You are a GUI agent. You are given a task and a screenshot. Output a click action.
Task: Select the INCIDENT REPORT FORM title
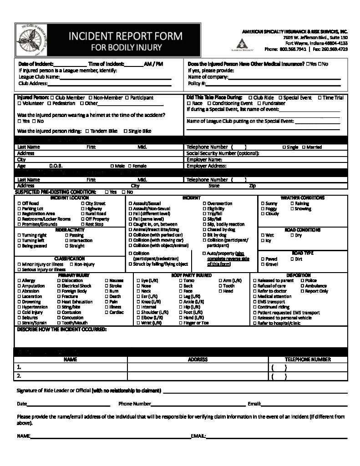pos(125,36)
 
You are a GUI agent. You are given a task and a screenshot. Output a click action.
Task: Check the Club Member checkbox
pos(53,98)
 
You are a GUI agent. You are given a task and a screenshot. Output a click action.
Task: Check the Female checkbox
pos(130,167)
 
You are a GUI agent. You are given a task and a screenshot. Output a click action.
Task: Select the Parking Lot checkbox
pos(19,208)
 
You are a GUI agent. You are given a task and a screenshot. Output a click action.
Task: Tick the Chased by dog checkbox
pos(204,229)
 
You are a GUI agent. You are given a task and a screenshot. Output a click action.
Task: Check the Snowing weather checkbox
pos(292,209)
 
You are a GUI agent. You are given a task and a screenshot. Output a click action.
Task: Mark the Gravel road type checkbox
pos(263,264)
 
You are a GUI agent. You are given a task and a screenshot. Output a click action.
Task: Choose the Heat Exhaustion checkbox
pos(59,302)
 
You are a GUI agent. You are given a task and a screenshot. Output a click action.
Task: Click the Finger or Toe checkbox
pos(181,323)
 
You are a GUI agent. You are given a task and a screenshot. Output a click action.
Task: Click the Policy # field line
pos(273,84)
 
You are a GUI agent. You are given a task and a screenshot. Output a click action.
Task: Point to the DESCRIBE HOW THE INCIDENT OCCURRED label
pos(61,329)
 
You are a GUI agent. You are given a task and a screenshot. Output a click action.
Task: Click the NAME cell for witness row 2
pos(71,376)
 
